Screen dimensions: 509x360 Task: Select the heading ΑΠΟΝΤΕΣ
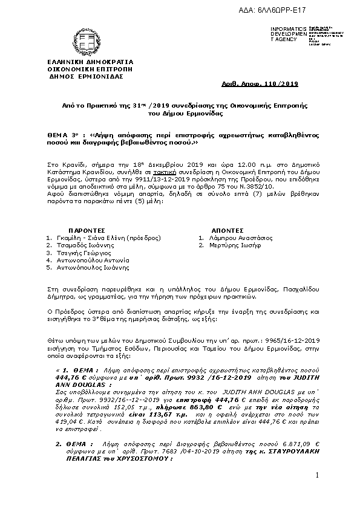point(227,230)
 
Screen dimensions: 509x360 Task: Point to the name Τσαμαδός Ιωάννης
point(85,245)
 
